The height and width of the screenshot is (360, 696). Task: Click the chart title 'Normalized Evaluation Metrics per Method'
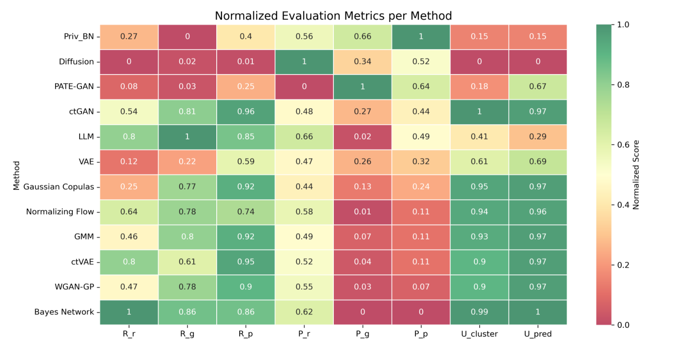333,16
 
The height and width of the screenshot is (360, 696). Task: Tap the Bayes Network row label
64,312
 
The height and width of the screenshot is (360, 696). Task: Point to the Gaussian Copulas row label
58,187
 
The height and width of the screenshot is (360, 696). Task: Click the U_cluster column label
479,334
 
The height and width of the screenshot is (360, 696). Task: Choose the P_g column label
362,334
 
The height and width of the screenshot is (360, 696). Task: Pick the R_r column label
129,334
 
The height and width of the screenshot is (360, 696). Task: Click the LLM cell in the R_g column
187,137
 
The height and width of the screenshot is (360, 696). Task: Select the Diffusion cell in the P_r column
304,61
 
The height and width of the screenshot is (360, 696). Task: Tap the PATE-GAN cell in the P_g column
362,87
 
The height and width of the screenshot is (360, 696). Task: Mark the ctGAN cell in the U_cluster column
479,112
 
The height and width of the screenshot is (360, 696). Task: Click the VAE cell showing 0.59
246,162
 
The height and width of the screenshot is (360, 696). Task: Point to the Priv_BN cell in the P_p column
421,37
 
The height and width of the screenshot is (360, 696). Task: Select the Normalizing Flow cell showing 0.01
362,212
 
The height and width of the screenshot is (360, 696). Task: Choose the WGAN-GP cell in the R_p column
246,287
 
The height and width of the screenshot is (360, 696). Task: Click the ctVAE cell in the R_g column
187,262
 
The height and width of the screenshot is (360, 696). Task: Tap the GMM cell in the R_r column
129,237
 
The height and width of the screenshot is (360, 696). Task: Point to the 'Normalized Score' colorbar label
635,175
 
